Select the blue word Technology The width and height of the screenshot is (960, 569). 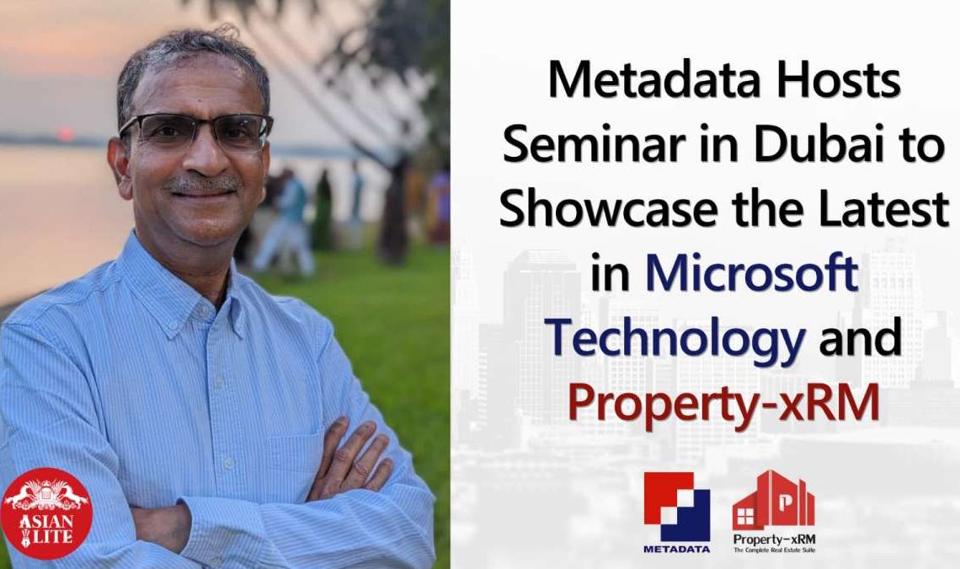(x=675, y=339)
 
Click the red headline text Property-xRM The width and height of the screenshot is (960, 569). (x=723, y=402)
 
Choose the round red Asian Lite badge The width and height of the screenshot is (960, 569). (x=46, y=514)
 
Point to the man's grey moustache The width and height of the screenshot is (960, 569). (x=203, y=183)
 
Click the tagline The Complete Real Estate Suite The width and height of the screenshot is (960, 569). (x=774, y=550)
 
